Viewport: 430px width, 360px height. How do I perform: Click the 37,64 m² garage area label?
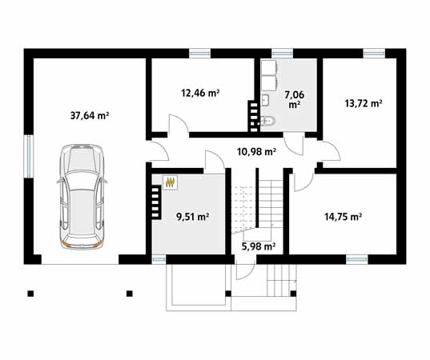[90, 115]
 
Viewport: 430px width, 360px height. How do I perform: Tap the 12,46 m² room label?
[200, 93]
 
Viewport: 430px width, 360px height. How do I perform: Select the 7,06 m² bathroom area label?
[294, 98]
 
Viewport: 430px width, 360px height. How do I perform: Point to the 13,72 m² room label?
[363, 103]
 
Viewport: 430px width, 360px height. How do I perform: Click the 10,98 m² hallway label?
[256, 150]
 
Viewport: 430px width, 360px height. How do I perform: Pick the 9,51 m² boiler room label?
[192, 216]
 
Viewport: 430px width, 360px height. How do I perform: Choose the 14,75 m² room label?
[343, 216]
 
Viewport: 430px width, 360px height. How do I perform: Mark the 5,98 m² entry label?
[259, 246]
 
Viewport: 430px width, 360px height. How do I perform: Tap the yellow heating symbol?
[171, 182]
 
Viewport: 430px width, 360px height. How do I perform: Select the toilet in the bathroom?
[270, 122]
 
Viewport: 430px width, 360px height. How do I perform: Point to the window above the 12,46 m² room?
[199, 54]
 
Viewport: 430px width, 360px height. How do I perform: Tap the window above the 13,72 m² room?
[373, 54]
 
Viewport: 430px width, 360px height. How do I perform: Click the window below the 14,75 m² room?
[357, 258]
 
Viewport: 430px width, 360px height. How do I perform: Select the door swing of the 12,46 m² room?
[177, 125]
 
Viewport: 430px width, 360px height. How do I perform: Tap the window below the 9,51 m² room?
[159, 258]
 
